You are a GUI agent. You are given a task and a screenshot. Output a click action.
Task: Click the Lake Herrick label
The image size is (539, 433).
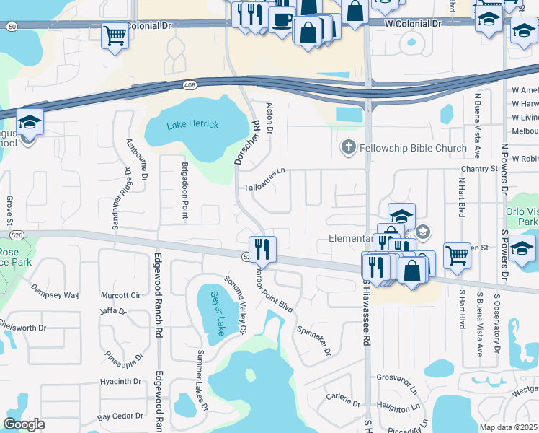point(192,125)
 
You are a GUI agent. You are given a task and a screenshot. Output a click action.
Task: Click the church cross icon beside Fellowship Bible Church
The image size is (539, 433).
point(348,148)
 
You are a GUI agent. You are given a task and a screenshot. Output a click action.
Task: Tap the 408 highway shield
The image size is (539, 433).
point(190,85)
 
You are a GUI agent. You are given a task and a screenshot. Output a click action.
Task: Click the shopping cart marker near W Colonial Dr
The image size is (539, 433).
point(115,35)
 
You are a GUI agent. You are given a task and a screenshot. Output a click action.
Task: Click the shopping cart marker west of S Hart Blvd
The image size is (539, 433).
point(457,255)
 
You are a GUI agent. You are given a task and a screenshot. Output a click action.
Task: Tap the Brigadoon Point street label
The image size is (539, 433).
point(185,183)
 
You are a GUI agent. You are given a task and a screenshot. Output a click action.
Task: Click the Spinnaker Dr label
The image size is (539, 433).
point(314,340)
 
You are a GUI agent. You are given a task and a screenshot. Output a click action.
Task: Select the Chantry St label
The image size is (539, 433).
point(479,169)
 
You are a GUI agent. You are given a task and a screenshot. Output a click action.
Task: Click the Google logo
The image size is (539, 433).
point(24,424)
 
